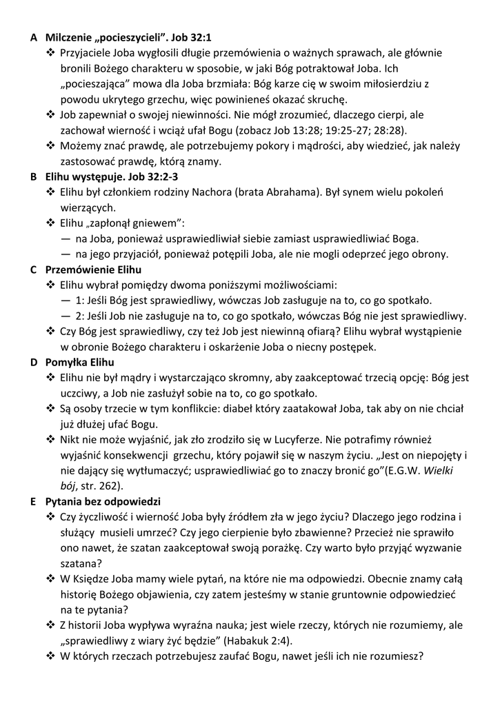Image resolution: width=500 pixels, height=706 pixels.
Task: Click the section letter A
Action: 33,37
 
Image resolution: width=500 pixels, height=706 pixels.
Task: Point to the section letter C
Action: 33,270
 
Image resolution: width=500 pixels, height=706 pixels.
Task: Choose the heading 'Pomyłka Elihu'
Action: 79,362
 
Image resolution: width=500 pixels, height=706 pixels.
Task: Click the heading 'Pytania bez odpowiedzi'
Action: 103,501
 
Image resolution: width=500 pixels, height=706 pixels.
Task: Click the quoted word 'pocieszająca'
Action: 92,83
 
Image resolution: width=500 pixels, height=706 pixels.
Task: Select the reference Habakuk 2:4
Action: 261,641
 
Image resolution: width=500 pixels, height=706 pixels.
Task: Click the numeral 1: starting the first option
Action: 79,300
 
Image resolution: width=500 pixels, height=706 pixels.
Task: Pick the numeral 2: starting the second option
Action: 79,316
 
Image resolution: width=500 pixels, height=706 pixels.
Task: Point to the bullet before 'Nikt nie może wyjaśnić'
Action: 50,439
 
